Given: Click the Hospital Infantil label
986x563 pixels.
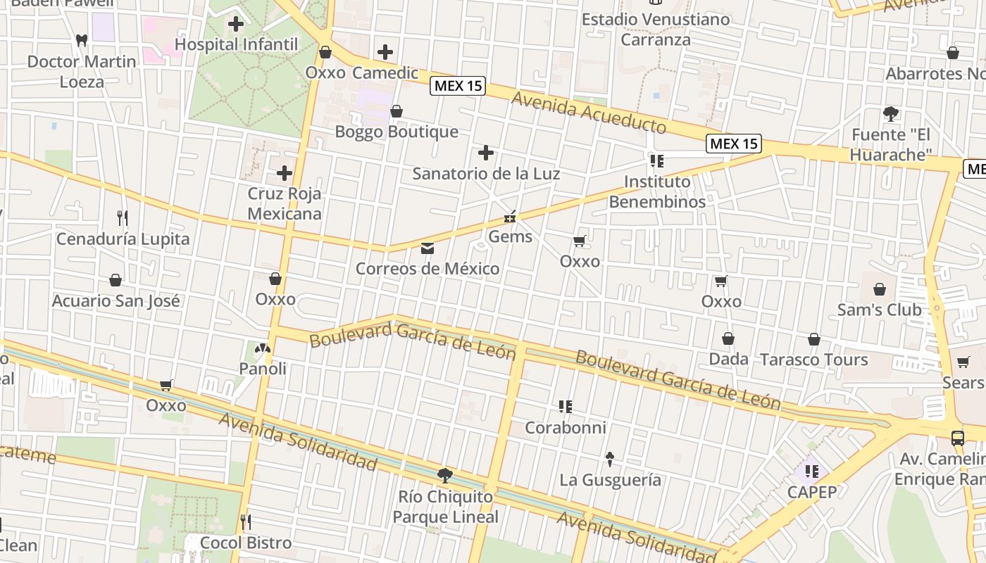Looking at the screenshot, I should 236,44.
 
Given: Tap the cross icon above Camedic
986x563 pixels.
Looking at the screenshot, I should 385,51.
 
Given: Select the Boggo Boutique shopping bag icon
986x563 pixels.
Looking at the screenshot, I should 397,111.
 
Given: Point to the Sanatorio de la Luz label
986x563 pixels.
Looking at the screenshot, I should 486,173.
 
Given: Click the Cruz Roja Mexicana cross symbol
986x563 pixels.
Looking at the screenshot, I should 285,172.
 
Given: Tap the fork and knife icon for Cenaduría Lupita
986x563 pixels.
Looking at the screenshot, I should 123,217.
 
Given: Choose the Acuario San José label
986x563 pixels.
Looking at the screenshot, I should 116,301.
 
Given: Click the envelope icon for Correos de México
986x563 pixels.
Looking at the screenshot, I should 427,248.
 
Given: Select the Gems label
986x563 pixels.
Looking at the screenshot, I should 510,237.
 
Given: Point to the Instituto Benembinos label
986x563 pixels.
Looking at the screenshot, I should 657,191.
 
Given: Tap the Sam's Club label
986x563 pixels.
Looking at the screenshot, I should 879,310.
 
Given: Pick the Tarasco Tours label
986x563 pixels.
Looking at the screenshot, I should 813,360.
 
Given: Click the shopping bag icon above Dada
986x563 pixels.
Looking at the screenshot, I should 728,339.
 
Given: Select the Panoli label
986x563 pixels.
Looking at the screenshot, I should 263,369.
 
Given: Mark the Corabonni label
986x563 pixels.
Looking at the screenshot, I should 566,428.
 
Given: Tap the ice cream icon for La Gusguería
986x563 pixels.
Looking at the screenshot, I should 610,460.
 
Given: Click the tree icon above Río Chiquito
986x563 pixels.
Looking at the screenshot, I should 444,476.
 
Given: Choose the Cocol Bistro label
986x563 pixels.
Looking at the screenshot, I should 246,543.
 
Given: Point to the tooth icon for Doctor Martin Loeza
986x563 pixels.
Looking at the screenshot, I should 82,41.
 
